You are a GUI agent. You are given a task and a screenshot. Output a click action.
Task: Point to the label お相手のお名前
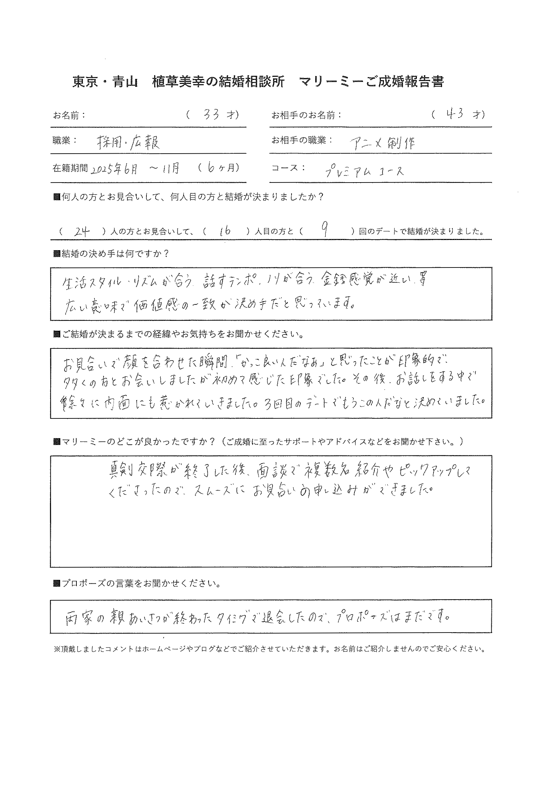pos(306,116)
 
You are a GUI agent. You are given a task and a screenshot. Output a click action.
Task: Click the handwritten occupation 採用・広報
pos(128,142)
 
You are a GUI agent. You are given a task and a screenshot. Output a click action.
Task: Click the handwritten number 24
pos(82,232)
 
